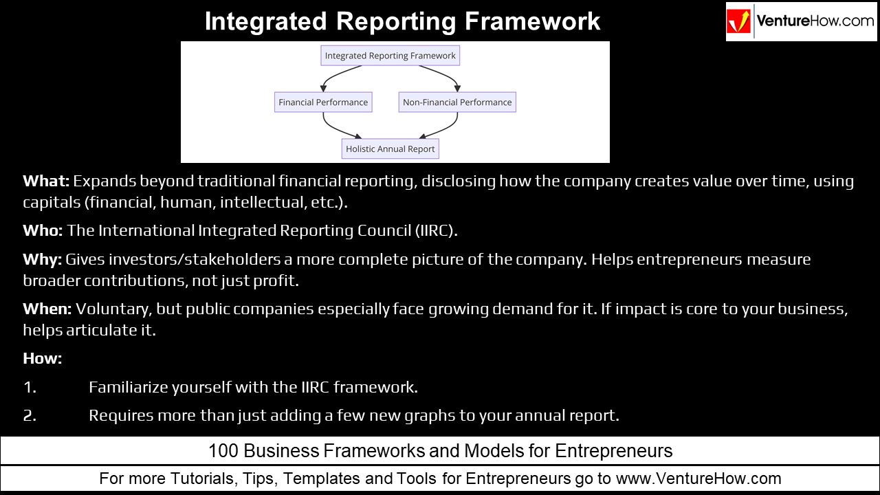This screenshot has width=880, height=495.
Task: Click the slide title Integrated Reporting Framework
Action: coord(402,21)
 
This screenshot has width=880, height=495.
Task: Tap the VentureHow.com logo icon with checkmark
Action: coord(740,21)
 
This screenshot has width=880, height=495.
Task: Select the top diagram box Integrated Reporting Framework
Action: coord(390,56)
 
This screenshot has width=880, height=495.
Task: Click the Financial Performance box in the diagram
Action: coord(323,102)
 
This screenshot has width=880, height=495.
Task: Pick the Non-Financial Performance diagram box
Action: coord(457,102)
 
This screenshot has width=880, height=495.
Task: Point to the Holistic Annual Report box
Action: coord(390,148)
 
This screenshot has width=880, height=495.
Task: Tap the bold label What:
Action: coord(46,181)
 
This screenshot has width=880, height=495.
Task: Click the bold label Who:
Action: coord(43,231)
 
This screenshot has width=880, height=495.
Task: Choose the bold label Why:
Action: coord(43,260)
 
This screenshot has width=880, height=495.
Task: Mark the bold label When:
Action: coord(47,309)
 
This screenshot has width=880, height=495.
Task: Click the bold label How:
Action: coord(42,359)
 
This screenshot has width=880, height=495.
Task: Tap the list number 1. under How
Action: coord(30,388)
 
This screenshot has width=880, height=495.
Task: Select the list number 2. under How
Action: coord(30,416)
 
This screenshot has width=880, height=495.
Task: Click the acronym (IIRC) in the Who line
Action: coord(436,231)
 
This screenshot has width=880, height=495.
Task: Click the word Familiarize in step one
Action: coord(128,388)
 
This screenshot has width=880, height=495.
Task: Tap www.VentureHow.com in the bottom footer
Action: coord(698,478)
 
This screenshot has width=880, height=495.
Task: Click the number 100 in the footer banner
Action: coord(222,451)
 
